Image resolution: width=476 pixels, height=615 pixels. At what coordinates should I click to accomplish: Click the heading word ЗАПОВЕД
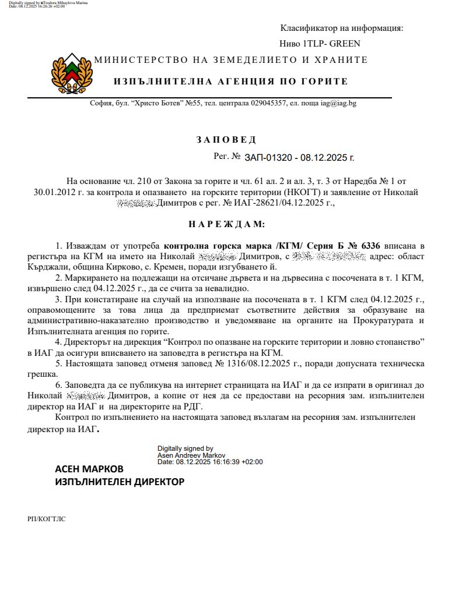tap(226, 140)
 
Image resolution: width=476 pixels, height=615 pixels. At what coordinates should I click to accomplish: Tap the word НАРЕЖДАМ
tap(226, 224)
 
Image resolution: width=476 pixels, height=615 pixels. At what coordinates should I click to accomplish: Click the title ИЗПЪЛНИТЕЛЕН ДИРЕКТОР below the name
tap(120, 482)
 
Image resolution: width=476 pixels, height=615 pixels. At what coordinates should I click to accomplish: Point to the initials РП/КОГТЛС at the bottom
tap(46, 519)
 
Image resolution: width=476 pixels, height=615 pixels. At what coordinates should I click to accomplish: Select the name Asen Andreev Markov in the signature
tap(191, 455)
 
